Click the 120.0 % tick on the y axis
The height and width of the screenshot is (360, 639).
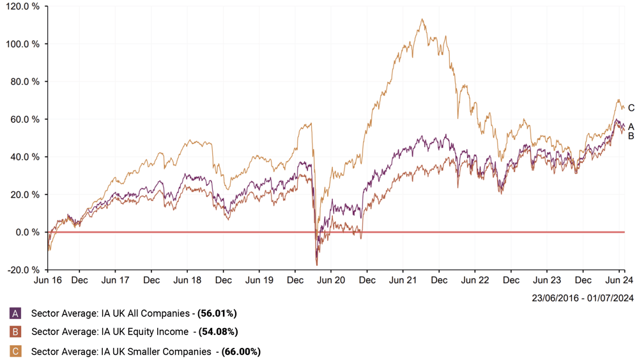click(x=23, y=6)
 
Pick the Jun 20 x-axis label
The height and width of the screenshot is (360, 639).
click(x=331, y=280)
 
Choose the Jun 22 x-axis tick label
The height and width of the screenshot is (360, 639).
click(x=475, y=280)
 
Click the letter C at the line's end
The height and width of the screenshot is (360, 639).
click(x=631, y=108)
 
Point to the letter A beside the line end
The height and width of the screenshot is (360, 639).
click(x=631, y=127)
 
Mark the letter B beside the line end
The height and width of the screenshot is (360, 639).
click(x=631, y=136)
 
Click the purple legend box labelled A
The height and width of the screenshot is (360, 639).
click(x=16, y=313)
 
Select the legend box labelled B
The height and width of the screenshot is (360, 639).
click(x=16, y=332)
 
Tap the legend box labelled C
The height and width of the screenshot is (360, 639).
click(x=16, y=351)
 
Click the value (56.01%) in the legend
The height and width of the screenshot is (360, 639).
click(x=217, y=313)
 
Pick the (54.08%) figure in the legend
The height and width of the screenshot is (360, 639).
click(x=218, y=332)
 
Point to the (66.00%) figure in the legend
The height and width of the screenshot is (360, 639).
click(x=241, y=351)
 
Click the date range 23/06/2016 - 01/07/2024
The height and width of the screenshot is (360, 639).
click(x=581, y=297)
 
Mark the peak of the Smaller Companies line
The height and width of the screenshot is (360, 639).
click(x=422, y=19)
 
